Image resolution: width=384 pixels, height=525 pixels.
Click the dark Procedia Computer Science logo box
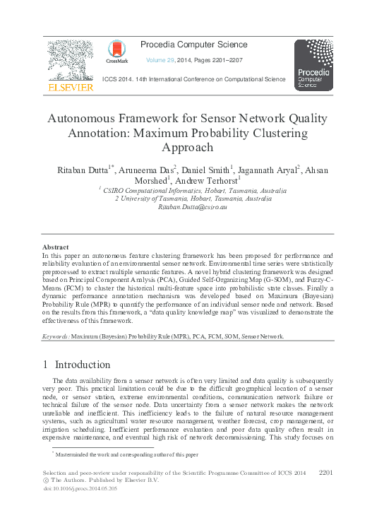tap(313, 66)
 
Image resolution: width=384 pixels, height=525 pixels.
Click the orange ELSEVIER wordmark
tap(70, 88)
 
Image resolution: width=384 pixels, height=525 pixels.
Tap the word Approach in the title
tap(191, 148)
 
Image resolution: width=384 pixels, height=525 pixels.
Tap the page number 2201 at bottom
tap(330, 471)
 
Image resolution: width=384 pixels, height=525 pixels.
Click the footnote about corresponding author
tap(127, 454)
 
